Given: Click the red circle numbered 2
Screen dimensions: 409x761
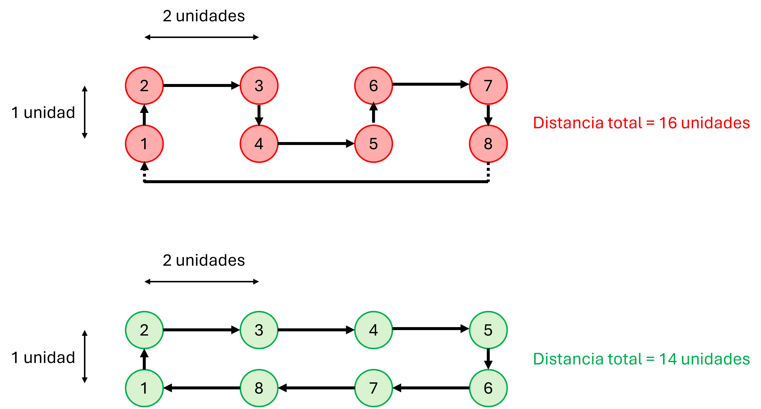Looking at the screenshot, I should coord(144,86).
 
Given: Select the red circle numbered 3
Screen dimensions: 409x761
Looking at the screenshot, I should coord(259,86).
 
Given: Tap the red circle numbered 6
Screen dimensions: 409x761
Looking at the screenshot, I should coord(373,86).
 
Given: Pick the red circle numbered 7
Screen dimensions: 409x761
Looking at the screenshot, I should coord(488,86).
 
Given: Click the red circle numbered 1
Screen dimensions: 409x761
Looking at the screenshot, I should coord(144,144).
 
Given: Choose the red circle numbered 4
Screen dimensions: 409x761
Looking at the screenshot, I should coord(259,144).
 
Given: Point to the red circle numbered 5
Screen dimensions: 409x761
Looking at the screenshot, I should coord(373,144).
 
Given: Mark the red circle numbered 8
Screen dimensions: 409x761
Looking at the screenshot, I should coord(488,144).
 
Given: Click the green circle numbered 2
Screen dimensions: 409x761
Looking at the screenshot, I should coord(144,330).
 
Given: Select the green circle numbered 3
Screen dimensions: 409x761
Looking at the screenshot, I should coord(259,330).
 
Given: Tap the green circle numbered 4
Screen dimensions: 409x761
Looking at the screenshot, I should coord(373,330).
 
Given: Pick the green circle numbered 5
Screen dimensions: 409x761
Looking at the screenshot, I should coord(488,330).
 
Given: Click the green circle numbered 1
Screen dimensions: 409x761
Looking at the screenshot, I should coord(144,388).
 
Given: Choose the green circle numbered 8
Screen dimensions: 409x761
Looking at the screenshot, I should coord(259,388).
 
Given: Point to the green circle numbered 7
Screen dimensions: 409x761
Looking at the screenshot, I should coord(373,388).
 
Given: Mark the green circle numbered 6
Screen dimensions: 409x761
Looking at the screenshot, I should coord(488,388).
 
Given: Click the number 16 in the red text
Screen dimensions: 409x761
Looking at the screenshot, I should coord(668,123).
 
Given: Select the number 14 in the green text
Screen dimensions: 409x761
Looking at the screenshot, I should coord(668,359).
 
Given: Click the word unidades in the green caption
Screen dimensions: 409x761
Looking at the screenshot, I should coord(715,359).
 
